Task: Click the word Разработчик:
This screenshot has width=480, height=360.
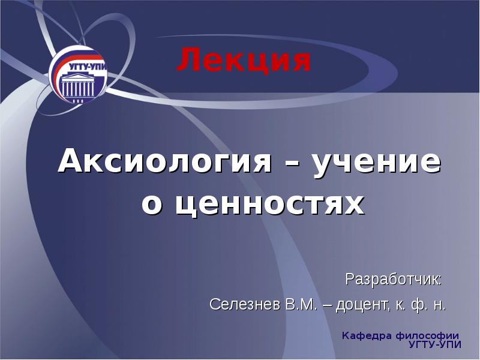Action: [394, 280]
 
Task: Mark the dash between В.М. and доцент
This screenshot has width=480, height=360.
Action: [329, 305]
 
